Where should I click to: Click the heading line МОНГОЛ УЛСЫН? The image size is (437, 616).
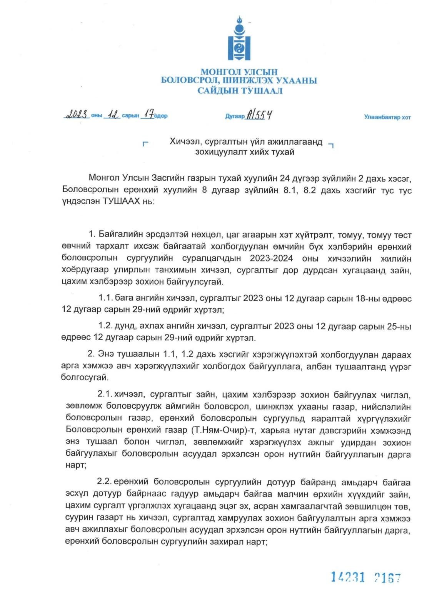point(239,72)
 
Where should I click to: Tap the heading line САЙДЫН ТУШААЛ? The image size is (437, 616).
point(240,91)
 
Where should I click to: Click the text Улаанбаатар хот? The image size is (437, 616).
point(387,117)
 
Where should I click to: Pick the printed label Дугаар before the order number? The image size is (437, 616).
point(235,116)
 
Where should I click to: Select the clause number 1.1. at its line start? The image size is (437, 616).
point(105,298)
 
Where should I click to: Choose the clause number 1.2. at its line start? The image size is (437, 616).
point(105,326)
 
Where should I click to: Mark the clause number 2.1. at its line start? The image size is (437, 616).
point(105,394)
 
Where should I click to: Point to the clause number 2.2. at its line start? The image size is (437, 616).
point(104,482)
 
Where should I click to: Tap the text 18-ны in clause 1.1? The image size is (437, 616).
point(369,298)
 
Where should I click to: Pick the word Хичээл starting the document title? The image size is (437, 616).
point(183,142)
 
